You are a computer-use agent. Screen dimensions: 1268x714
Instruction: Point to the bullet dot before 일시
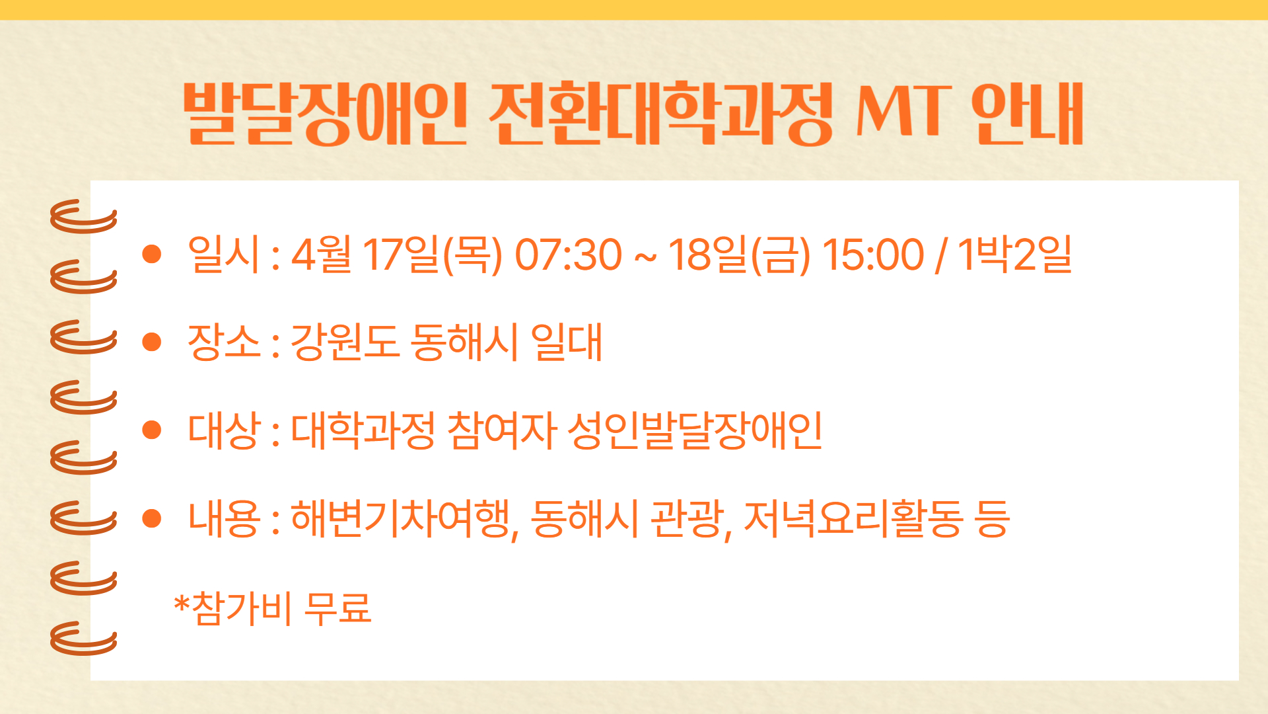(152, 254)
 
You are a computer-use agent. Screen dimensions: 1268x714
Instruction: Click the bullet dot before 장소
(152, 342)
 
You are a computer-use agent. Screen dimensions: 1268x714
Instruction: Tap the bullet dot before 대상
(152, 430)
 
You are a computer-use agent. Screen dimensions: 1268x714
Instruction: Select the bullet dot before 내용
(152, 518)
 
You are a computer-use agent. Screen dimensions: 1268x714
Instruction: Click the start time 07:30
(568, 255)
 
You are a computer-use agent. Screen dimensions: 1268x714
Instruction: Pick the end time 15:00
(872, 255)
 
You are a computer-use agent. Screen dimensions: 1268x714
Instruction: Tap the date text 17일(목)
(433, 255)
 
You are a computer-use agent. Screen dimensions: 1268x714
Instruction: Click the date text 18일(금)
(740, 255)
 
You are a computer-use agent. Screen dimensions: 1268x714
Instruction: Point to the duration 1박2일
(1014, 254)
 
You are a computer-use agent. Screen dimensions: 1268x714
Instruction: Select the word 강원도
(345, 342)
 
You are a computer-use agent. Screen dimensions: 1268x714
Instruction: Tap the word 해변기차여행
(400, 519)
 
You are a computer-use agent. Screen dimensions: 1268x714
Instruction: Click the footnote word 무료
(337, 608)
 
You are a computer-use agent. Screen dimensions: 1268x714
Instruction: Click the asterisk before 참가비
(182, 602)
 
